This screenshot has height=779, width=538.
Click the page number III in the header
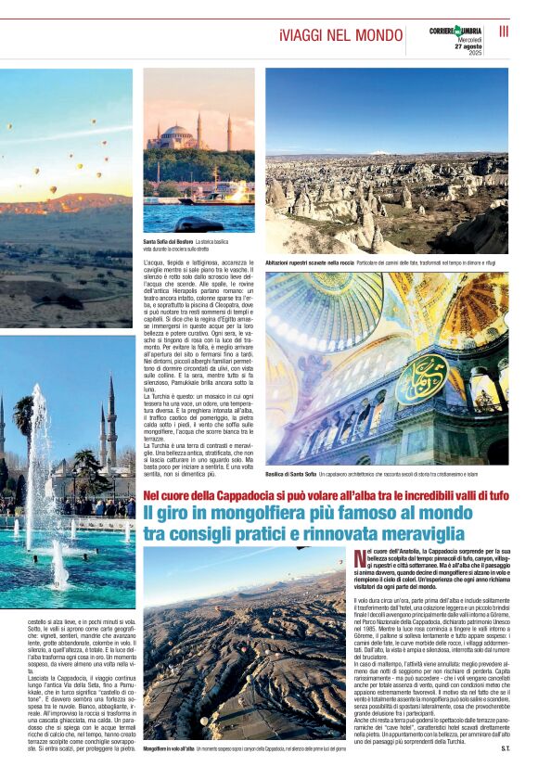point(505,32)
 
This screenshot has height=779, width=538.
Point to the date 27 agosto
point(468,46)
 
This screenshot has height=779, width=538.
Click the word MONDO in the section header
point(373,35)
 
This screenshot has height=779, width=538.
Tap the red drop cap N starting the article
point(360,558)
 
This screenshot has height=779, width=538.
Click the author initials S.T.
point(505,747)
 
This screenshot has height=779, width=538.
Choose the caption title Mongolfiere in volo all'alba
point(169,747)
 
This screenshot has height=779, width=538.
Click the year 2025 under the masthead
point(474,53)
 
